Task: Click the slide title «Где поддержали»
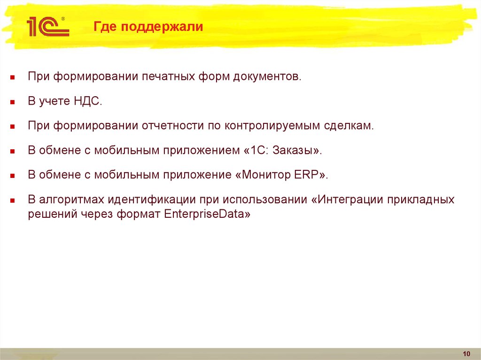147,27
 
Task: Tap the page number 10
466,353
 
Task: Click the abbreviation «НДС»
87,101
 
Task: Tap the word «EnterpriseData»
205,214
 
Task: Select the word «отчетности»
172,126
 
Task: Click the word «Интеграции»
351,199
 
